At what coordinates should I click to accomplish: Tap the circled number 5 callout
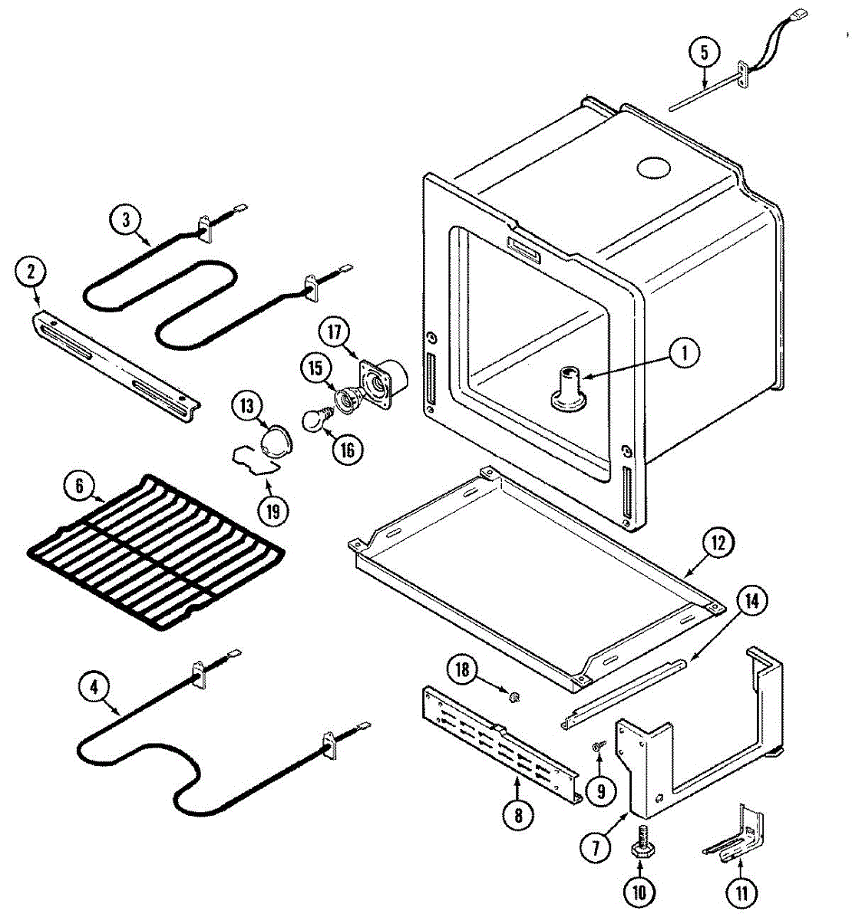pyautogui.click(x=704, y=54)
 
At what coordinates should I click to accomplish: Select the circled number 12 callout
pyautogui.click(x=717, y=543)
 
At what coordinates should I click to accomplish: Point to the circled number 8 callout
pyautogui.click(x=519, y=815)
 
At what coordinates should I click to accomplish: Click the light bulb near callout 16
pyautogui.click(x=312, y=419)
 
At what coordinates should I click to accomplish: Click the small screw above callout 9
pyautogui.click(x=598, y=744)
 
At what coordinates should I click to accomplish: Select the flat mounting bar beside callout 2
pyautogui.click(x=115, y=362)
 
